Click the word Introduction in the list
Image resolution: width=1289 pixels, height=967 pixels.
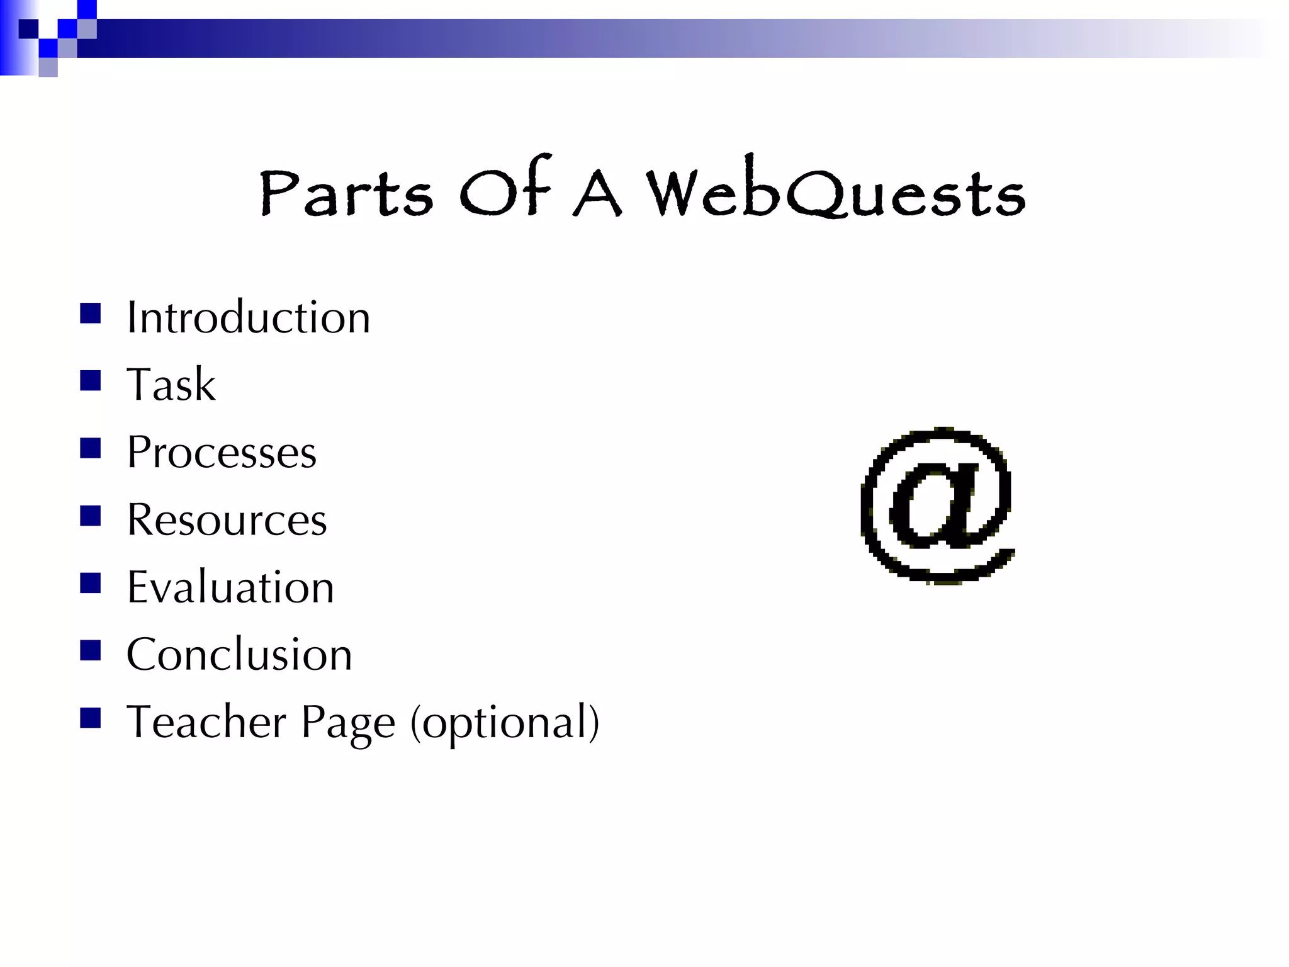249,317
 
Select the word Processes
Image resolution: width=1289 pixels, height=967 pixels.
222,452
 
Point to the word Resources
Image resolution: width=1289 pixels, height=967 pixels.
227,520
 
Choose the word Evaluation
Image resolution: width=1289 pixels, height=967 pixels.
230,587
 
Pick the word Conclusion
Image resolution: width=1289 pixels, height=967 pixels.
239,655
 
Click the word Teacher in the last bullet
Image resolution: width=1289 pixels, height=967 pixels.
207,722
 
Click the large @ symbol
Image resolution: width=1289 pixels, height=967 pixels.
937,506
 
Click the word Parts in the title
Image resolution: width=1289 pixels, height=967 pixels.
346,192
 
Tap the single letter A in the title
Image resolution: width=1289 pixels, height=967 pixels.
597,194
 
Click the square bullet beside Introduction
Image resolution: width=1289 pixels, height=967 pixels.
91,314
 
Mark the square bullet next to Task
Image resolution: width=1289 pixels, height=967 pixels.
91,381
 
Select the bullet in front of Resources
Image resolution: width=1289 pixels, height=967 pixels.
91,516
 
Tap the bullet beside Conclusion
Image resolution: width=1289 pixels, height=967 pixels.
91,650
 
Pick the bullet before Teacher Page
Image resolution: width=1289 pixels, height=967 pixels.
91,718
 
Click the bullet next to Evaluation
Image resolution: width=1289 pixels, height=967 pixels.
91,584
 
